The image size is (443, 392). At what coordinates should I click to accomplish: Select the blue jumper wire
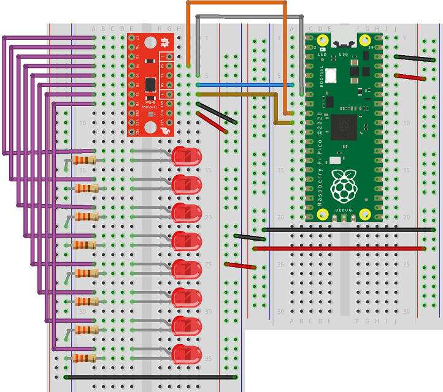click(245, 85)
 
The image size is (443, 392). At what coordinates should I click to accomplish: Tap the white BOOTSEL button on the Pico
click(333, 77)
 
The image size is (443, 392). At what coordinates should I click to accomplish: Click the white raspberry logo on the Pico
click(343, 186)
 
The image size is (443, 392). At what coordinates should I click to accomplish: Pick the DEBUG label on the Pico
click(343, 210)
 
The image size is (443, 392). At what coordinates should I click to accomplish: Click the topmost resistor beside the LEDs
click(85, 160)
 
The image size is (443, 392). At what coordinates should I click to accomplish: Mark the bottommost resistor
click(85, 358)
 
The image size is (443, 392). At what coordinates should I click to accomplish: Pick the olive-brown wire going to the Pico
click(245, 94)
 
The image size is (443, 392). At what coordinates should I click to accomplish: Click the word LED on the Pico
click(322, 54)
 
